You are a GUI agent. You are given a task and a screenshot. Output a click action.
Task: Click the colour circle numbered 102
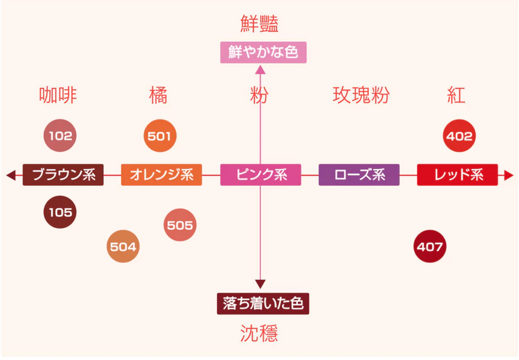tap(60, 136)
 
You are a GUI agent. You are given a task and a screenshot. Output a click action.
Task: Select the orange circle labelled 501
tap(160, 136)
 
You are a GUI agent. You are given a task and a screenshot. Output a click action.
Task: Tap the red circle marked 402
tap(459, 136)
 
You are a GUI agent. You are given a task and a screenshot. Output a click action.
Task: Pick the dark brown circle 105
tap(60, 212)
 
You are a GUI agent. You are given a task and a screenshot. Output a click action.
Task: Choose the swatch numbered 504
tap(123, 247)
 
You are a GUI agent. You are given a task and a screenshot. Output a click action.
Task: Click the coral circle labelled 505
tap(180, 225)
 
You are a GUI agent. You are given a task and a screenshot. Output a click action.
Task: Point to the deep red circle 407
tap(430, 247)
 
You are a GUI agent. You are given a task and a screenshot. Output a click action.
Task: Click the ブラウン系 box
tap(63, 175)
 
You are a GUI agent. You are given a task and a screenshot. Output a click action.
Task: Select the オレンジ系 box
tap(161, 175)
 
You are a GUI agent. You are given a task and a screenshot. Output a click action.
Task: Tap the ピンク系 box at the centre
tap(261, 175)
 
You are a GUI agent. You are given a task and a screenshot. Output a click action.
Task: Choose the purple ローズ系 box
tap(359, 175)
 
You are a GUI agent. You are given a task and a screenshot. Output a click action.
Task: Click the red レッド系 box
tap(458, 175)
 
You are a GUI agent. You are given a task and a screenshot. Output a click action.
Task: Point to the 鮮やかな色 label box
tap(263, 52)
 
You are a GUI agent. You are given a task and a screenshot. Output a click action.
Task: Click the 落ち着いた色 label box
tap(263, 303)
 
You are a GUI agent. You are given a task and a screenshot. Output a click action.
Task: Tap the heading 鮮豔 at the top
tap(259, 24)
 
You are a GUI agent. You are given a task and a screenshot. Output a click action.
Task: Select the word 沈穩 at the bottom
tap(259, 333)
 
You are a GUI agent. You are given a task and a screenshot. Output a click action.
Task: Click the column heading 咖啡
tap(58, 95)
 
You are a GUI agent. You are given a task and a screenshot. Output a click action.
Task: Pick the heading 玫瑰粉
tap(361, 95)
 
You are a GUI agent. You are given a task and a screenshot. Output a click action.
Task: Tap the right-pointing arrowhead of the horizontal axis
tap(509, 175)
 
